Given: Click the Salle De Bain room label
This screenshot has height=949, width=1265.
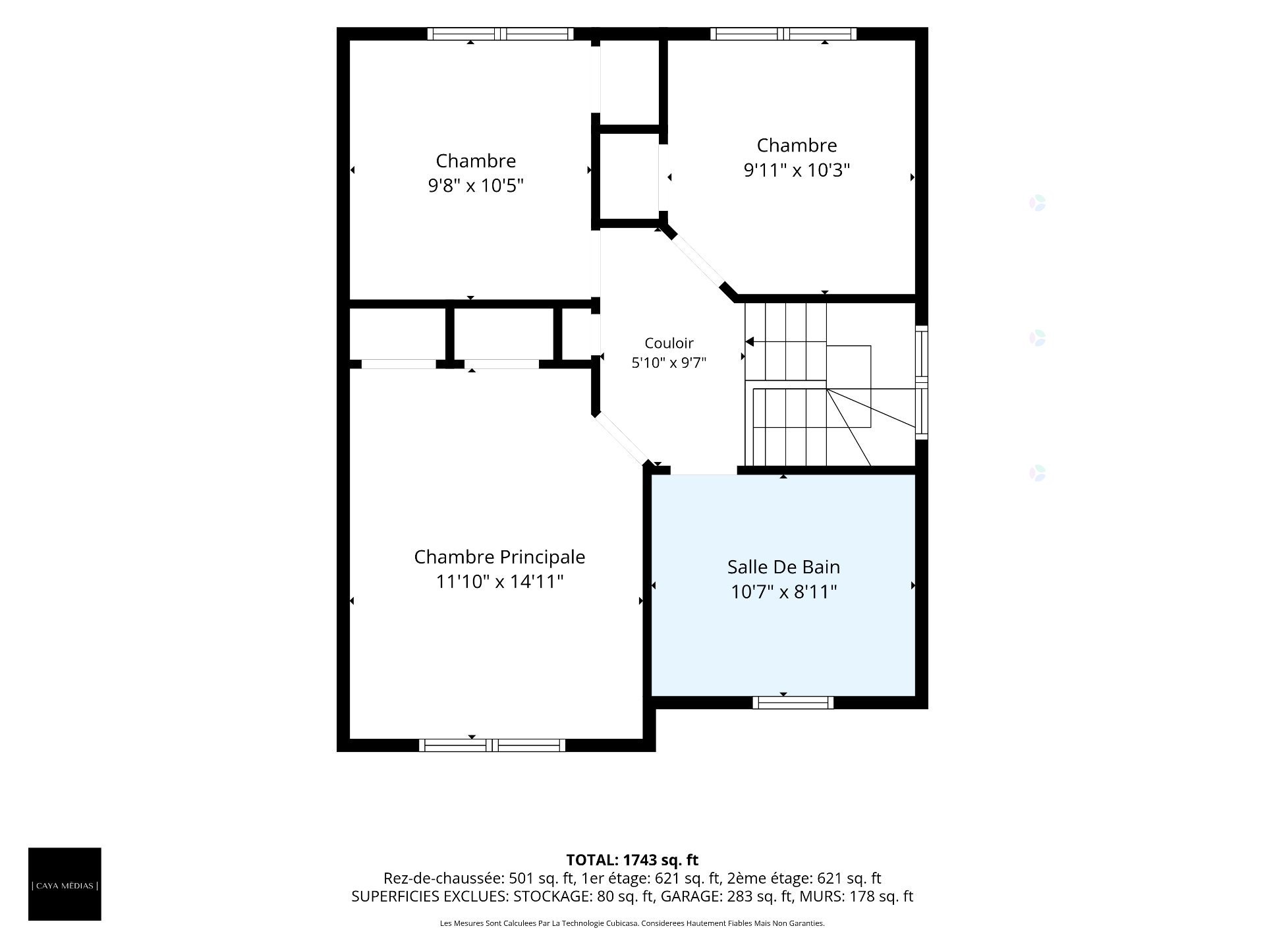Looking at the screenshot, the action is tap(783, 567).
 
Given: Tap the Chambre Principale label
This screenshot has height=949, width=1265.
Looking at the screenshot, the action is tap(499, 557).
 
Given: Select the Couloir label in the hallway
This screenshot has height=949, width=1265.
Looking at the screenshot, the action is tap(669, 343).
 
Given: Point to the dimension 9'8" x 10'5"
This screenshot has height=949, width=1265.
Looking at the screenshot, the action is tap(476, 186).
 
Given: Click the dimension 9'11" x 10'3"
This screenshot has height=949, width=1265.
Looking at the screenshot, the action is tap(797, 170).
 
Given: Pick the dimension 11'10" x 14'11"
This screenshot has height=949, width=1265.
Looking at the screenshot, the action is tap(499, 582).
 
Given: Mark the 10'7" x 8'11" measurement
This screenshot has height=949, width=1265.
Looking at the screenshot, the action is tap(783, 592).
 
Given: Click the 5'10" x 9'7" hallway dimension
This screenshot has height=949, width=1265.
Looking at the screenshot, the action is tap(669, 362).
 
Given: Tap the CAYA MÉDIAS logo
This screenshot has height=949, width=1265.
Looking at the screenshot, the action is tap(65, 884).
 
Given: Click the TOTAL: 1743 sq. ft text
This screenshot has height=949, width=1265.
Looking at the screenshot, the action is tap(632, 860).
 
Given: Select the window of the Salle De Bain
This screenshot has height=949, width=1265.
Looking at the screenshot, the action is tap(793, 703).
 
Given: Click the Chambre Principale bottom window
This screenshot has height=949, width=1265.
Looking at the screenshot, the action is tap(492, 745).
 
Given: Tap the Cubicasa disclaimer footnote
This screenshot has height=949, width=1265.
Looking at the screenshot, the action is tap(632, 923).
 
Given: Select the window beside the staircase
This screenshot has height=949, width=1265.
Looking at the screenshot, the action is tap(922, 382).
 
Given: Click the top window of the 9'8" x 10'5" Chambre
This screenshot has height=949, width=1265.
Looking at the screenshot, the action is tap(500, 34).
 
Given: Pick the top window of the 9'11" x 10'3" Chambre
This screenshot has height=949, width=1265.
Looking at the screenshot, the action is tap(783, 34).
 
